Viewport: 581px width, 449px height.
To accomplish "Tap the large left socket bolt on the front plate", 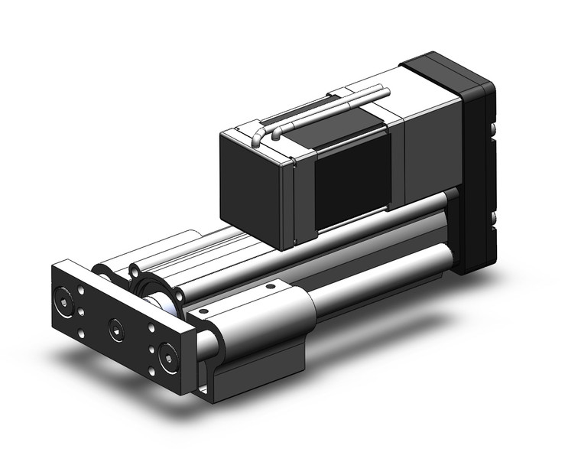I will click(x=64, y=296).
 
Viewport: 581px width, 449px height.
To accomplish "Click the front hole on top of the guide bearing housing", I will click(x=203, y=313).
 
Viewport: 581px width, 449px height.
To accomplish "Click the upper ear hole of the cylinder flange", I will click(x=141, y=268).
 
